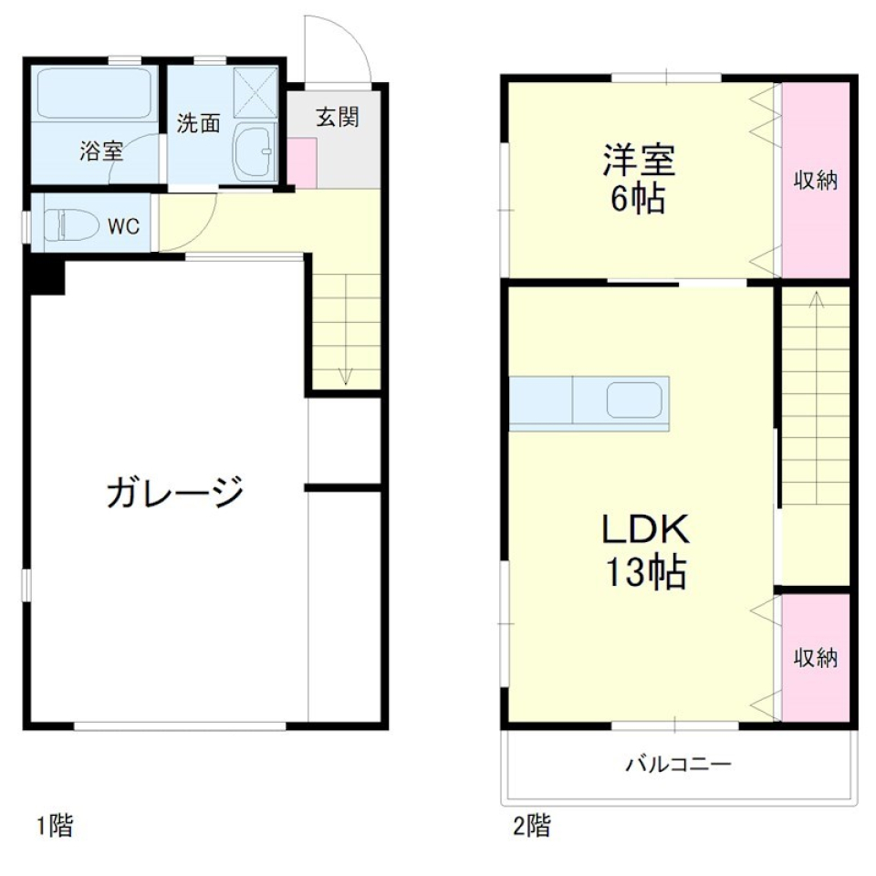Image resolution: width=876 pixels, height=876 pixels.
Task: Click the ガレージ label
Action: pos(175,494)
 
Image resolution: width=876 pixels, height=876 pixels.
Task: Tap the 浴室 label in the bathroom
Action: pos(100,151)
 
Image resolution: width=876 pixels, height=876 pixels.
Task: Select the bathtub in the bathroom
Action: pos(94,95)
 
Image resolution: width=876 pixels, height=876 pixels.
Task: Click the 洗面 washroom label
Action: pos(198,123)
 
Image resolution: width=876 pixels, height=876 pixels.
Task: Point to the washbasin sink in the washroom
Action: pos(255,151)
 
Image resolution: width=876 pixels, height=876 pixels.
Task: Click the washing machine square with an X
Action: pos(255,92)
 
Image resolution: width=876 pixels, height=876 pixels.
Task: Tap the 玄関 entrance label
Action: pos(337,117)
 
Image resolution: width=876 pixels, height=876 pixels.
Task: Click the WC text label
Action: pos(124,226)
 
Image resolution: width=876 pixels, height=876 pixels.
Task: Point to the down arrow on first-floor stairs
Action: pos(346,374)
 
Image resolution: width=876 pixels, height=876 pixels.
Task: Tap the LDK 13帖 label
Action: pos(642,550)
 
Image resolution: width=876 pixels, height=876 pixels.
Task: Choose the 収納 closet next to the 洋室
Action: pos(815,180)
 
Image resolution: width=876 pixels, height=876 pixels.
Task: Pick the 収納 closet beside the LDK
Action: pos(815,657)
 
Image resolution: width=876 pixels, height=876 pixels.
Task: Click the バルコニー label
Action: pos(678,764)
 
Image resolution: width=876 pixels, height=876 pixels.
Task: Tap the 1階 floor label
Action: pos(54,827)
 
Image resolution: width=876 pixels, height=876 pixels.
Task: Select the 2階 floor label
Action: pos(531,827)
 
